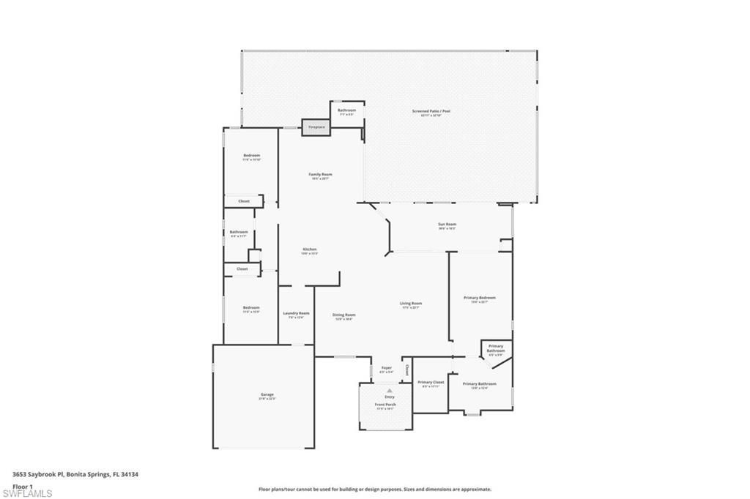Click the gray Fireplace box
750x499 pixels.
[x=316, y=127]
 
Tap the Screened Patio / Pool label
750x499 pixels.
[x=431, y=111]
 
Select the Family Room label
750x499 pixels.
[x=320, y=174]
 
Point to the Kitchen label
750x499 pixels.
[x=310, y=249]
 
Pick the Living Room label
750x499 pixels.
[x=410, y=304]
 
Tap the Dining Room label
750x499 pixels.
[x=344, y=315]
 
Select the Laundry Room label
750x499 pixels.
[x=296, y=313]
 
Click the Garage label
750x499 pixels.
[x=267, y=395]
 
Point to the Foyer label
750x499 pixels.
[x=386, y=367]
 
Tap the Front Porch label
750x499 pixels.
[x=385, y=405]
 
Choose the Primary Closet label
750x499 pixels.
[x=431, y=383]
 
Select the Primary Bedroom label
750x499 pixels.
[x=480, y=298]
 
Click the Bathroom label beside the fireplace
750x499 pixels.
[x=346, y=110]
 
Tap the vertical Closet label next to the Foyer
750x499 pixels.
[x=407, y=369]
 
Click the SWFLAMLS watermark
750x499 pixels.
[x=26, y=493]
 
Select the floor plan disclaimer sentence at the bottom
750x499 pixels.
[x=374, y=489]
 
